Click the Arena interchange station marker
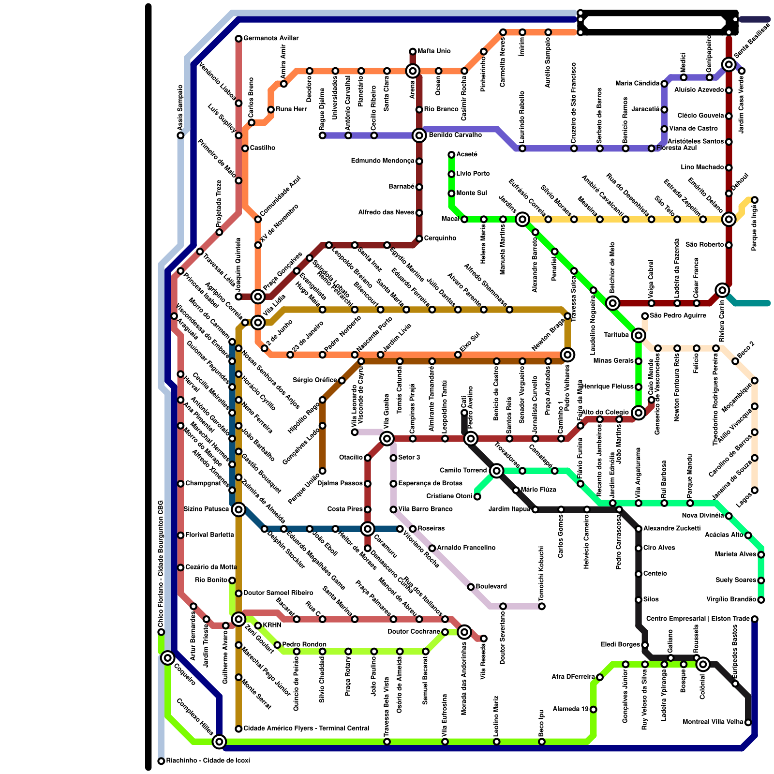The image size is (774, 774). click(413, 71)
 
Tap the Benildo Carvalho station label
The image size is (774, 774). click(455, 135)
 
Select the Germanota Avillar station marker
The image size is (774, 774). click(238, 38)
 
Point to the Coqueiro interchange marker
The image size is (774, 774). click(168, 658)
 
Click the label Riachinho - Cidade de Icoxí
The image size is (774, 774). click(208, 761)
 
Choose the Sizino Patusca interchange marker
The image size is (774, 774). click(238, 509)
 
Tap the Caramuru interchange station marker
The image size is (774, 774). click(368, 529)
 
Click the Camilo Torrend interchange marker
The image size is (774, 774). click(496, 471)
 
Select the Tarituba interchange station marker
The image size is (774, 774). click(639, 335)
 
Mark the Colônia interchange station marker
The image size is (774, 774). click(703, 664)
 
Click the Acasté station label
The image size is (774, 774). click(467, 154)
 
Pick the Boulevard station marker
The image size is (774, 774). click(471, 587)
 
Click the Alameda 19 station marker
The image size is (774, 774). click(593, 709)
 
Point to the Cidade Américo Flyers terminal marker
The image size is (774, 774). click(238, 729)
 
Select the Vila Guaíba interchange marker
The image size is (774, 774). click(387, 439)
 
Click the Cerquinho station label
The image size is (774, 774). click(440, 238)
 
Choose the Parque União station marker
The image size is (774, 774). click(323, 471)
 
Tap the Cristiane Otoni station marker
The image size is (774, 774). click(477, 496)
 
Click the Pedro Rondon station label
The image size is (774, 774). click(304, 644)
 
